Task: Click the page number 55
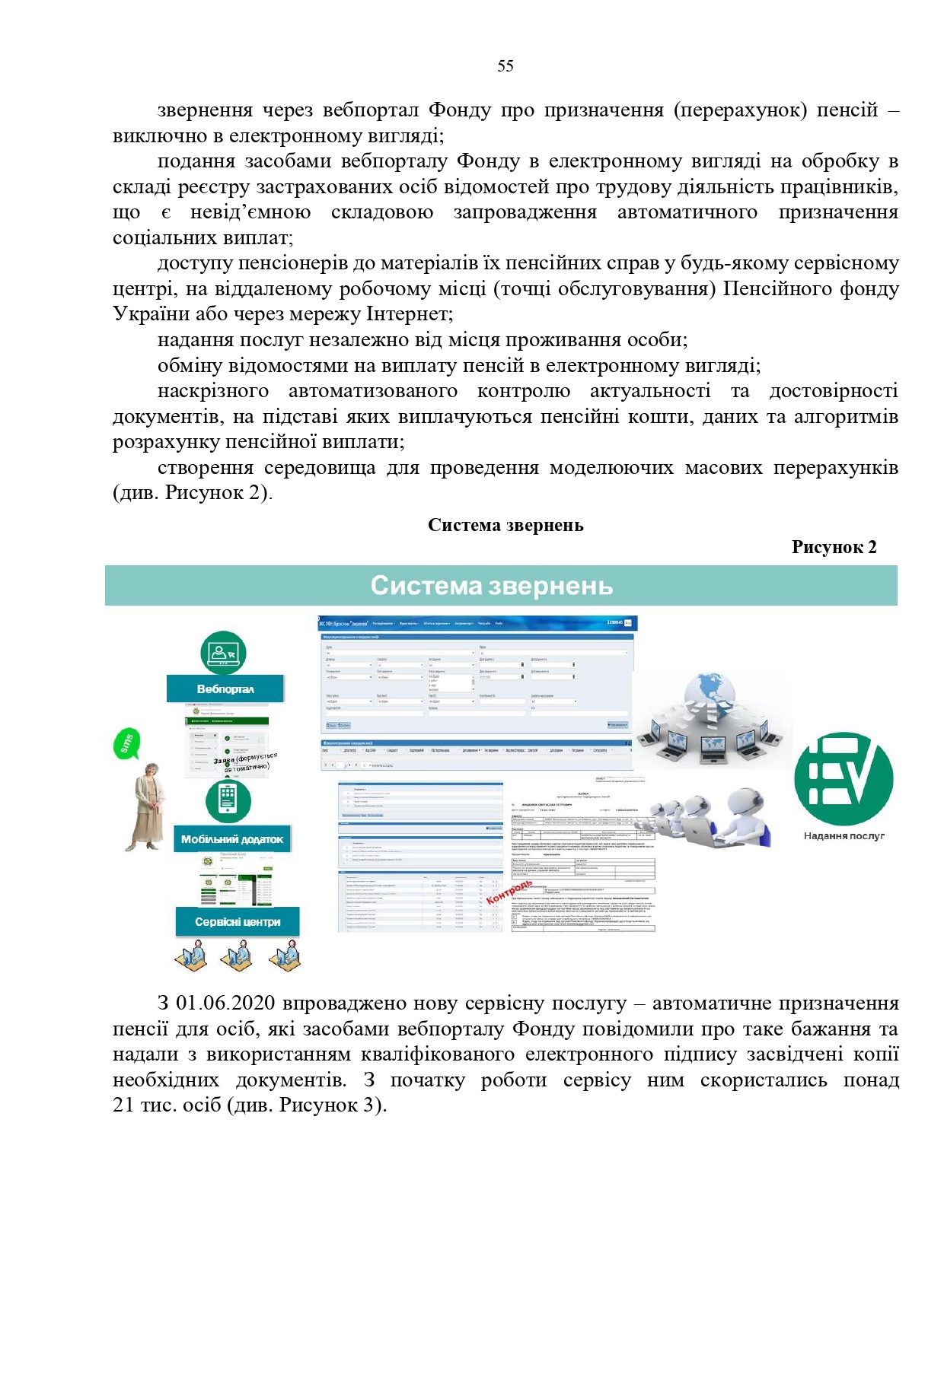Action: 505,66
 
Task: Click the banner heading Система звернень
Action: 491,586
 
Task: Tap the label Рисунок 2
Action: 834,547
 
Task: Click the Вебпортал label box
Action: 225,689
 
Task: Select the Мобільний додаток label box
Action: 232,839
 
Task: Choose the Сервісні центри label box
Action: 238,921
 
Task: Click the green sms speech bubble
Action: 127,743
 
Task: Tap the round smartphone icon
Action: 228,800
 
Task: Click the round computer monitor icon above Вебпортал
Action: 223,653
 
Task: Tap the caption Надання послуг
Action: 844,835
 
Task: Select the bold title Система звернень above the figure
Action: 505,525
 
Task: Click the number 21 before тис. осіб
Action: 123,1105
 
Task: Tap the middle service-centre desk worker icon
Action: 238,954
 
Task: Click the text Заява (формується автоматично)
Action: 245,762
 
